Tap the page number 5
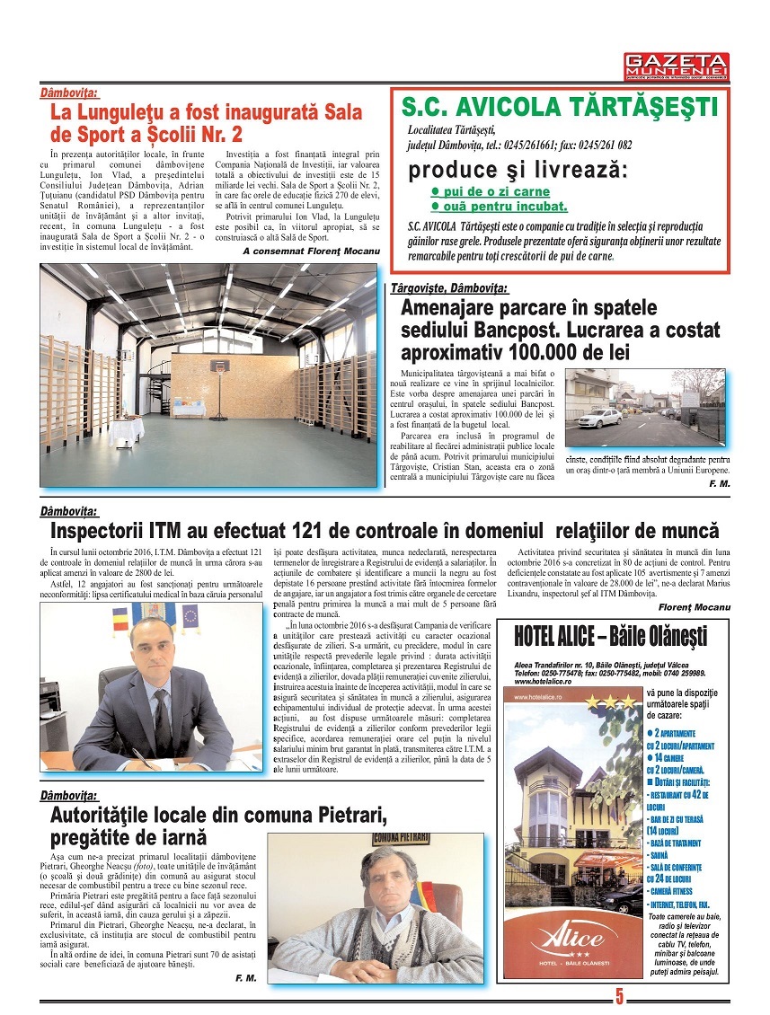coord(620,996)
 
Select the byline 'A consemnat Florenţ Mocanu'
coord(311,252)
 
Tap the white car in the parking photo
coord(599,418)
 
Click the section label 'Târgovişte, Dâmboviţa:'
coord(448,288)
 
